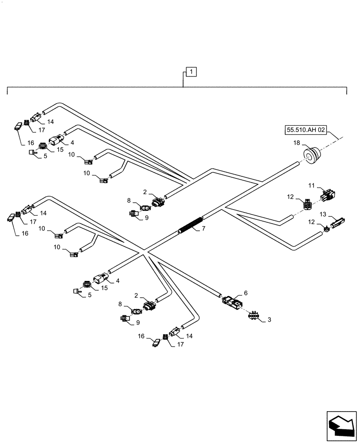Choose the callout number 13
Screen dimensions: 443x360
[323, 214]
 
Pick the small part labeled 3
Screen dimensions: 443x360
[254, 315]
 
